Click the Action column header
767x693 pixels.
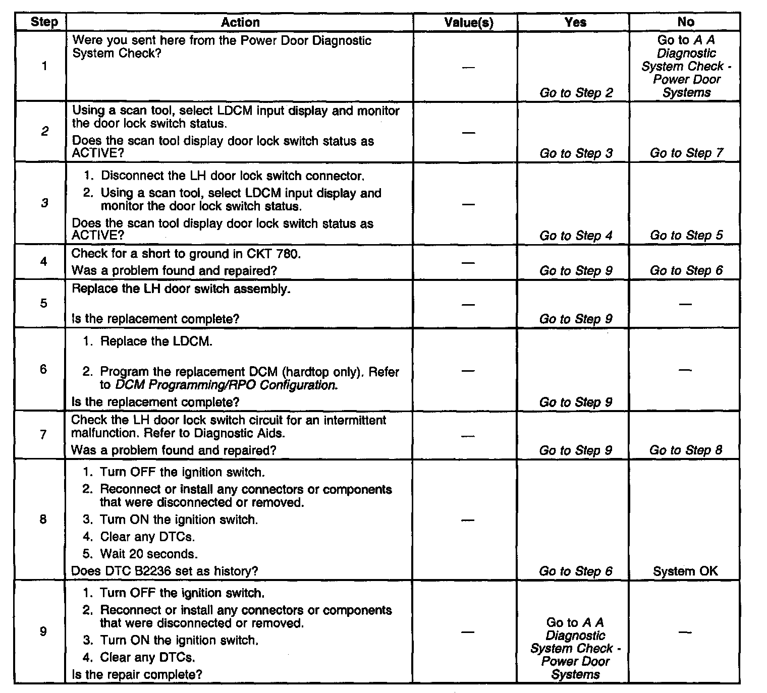(x=240, y=22)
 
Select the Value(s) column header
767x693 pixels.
(x=469, y=23)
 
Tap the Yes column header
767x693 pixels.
(x=576, y=22)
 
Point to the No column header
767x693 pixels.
(x=686, y=22)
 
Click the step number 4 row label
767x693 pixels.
(x=44, y=261)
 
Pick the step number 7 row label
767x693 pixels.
(x=43, y=434)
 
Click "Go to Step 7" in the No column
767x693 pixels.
(x=686, y=153)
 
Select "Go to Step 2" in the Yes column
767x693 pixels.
(x=576, y=93)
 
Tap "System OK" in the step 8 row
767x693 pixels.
(x=685, y=571)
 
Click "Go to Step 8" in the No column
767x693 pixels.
(x=686, y=450)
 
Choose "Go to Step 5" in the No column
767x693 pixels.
(x=686, y=235)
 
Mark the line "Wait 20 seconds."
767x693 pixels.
(x=148, y=554)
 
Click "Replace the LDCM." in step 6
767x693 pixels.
(x=156, y=341)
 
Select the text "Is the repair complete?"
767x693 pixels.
(x=137, y=674)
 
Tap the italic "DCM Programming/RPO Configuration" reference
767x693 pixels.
(x=226, y=385)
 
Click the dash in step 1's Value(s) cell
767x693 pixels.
(x=469, y=67)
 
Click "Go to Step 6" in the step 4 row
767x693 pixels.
(x=686, y=270)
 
